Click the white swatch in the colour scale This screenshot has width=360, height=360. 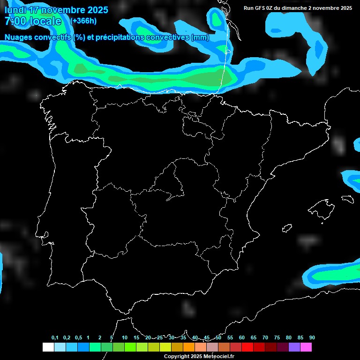48,347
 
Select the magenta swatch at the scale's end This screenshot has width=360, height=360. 306,347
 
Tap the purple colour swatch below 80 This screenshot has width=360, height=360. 294,347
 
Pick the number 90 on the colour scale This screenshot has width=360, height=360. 312,337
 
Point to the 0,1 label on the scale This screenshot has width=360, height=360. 55,337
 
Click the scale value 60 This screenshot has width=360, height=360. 242,337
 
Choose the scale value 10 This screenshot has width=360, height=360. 125,337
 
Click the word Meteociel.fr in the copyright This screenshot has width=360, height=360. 217,357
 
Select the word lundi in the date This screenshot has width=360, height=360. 15,10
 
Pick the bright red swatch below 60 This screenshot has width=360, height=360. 247,347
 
